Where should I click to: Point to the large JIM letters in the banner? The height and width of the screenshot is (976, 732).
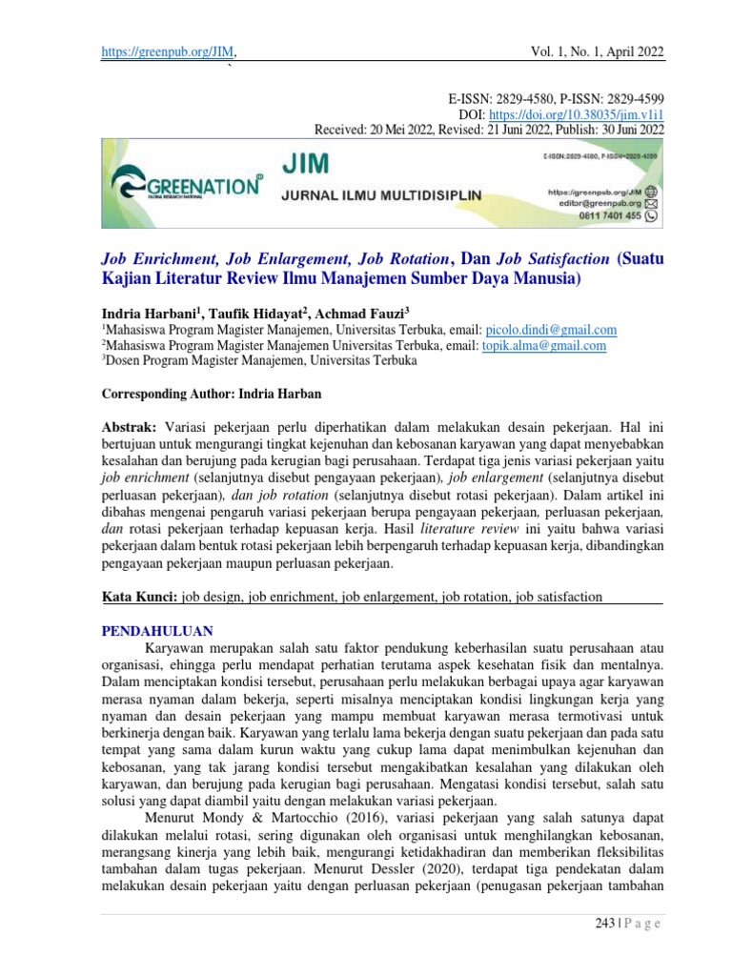(306, 165)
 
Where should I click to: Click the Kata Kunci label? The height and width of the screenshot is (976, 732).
(139, 598)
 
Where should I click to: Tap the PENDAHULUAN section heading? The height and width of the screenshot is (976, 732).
(157, 631)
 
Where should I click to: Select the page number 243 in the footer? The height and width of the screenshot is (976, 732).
(597, 923)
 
